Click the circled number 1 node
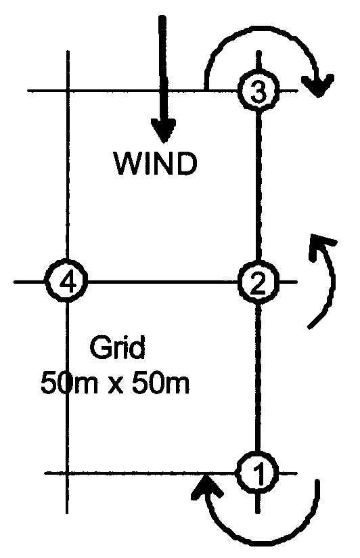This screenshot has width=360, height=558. tap(258, 473)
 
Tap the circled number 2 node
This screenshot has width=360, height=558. tap(258, 282)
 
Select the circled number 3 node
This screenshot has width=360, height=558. tap(258, 91)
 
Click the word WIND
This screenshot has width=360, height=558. tap(156, 164)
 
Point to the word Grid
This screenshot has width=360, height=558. tap(117, 347)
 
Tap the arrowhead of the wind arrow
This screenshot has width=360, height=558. tap(163, 130)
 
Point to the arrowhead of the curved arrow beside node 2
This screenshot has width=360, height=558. tap(321, 245)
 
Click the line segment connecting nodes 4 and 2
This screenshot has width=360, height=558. tap(162, 282)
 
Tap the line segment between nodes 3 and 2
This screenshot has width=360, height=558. tap(258, 187)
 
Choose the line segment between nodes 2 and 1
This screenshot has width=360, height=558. tap(258, 378)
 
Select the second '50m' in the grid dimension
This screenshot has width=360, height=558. tap(161, 383)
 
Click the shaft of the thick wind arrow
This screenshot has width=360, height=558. tap(163, 68)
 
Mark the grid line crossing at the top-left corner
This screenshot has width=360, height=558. tap(68, 91)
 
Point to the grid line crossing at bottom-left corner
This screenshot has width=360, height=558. tap(67, 473)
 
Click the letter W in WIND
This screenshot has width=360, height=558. tap(127, 164)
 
